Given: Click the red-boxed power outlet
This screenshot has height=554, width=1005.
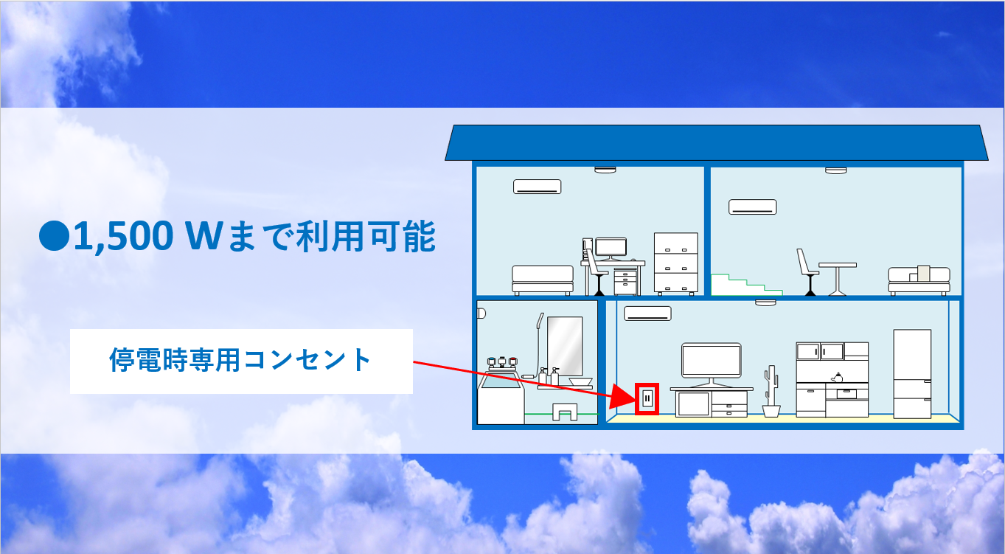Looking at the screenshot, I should click(x=647, y=399).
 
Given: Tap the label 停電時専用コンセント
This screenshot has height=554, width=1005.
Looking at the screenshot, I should click(x=240, y=361).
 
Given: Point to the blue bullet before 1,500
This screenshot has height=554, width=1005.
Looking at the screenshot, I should click(x=54, y=237).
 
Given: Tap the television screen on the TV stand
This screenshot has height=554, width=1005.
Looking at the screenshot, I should click(x=711, y=360).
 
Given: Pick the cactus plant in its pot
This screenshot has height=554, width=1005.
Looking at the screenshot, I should click(x=772, y=391).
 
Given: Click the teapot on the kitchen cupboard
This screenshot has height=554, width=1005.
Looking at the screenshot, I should click(x=837, y=376).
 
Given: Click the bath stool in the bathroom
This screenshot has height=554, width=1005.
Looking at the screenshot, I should click(x=566, y=412).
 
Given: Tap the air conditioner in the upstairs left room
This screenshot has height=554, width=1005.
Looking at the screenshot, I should click(x=537, y=187).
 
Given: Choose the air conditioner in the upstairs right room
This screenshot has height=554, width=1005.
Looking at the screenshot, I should click(x=753, y=207).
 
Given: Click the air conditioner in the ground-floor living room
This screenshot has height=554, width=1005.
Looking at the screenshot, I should click(x=647, y=314).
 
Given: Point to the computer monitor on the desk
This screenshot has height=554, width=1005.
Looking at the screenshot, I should click(x=611, y=247).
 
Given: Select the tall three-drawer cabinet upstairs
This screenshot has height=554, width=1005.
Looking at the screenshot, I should click(x=675, y=263).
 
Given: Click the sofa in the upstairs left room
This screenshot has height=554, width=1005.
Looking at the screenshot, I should click(x=543, y=280).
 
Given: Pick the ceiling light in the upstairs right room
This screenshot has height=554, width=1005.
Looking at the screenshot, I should click(x=836, y=170).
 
